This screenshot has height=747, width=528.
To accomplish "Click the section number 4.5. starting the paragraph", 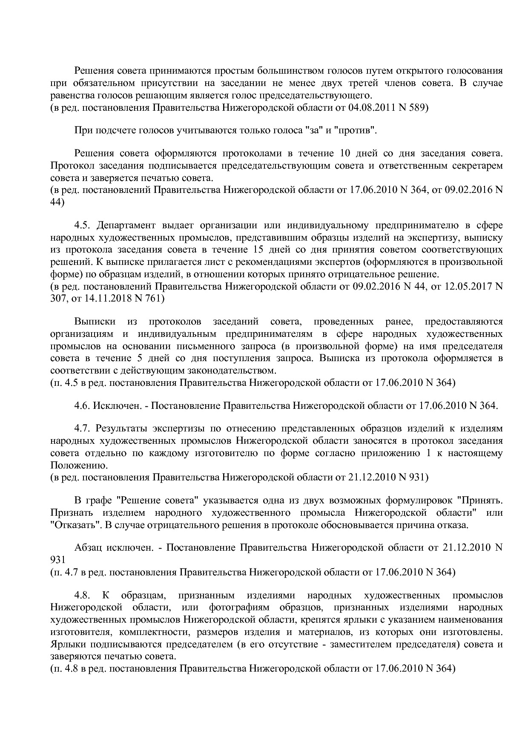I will point(83,225).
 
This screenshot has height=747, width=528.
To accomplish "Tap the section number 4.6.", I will point(81,406).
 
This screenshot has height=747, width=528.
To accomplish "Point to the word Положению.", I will point(75,465).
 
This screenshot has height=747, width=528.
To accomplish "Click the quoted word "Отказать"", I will point(75,525).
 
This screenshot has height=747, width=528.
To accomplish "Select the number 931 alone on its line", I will point(57,560).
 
